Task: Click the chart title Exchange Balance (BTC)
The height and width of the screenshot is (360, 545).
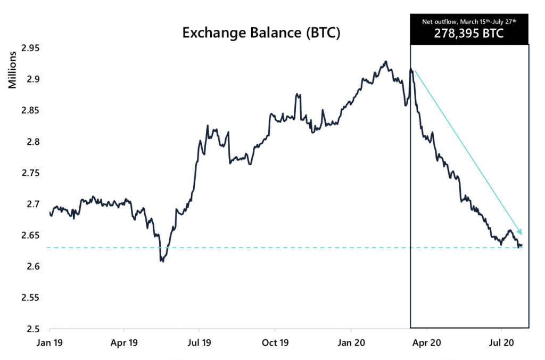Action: click(x=261, y=33)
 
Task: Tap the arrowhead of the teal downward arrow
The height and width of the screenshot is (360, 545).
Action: click(x=521, y=232)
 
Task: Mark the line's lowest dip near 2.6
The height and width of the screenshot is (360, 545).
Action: click(x=162, y=261)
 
